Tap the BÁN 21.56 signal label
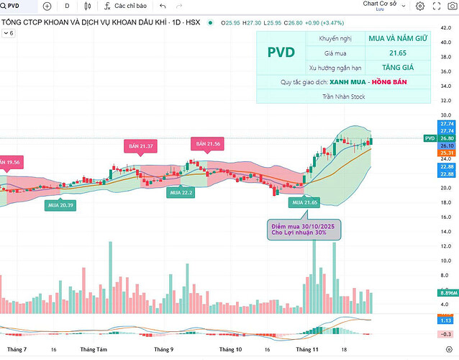207,144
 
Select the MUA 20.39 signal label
62,205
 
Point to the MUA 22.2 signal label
181,193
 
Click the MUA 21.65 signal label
304,203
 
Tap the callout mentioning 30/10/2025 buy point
304,230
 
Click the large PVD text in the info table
281,53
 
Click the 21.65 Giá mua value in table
391,53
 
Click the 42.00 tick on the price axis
446,27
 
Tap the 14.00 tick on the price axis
446,231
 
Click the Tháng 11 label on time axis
308,349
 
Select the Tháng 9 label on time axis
163,349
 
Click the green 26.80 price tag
446,138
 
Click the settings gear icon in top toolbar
419,6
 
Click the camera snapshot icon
441,6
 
